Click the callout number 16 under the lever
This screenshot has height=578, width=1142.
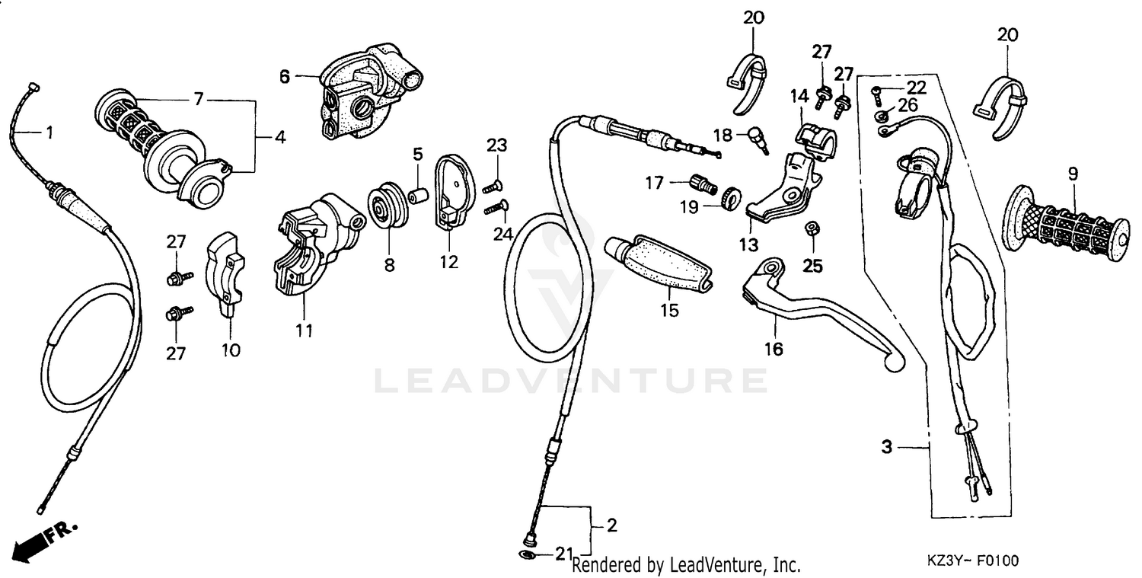pos(774,350)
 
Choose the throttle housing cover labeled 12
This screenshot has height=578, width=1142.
pos(455,190)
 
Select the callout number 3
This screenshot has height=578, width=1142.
pos(886,448)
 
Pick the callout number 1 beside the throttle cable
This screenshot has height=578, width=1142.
pos(49,133)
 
